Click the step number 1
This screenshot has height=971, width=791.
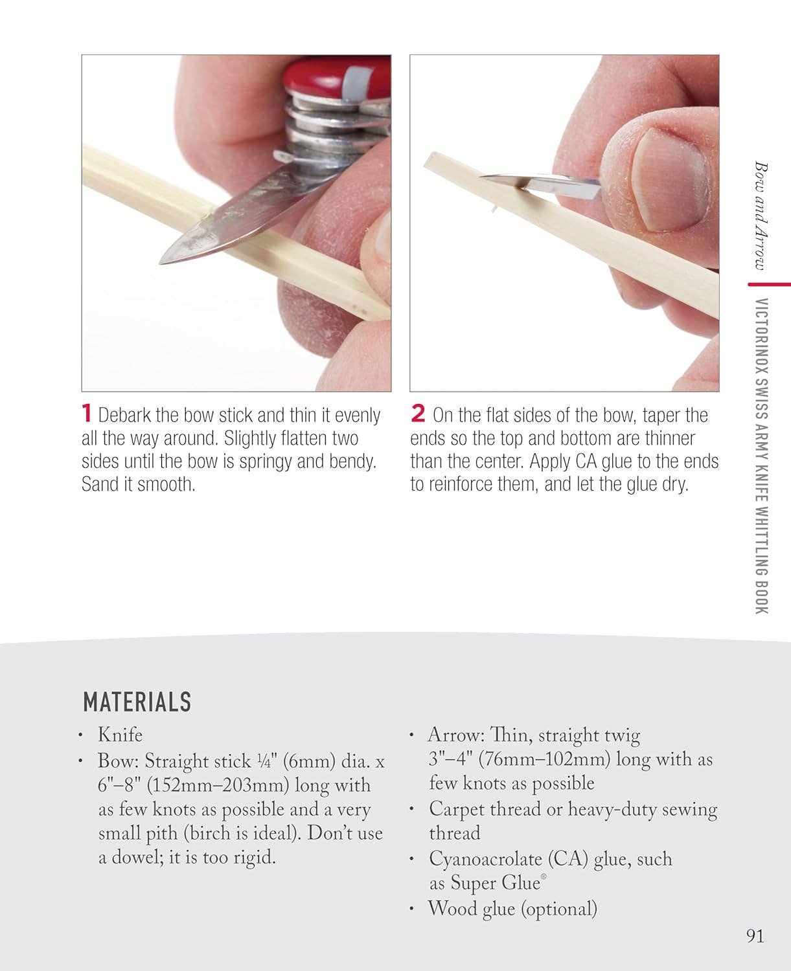[87, 414]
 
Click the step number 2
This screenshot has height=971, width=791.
[418, 414]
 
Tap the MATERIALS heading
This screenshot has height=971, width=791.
[137, 702]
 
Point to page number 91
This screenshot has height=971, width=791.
[755, 936]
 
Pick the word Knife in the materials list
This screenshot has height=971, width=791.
[120, 735]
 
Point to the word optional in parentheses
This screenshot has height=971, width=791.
[558, 908]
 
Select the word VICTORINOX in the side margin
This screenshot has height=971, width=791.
[762, 337]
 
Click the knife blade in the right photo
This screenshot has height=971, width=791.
[512, 181]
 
